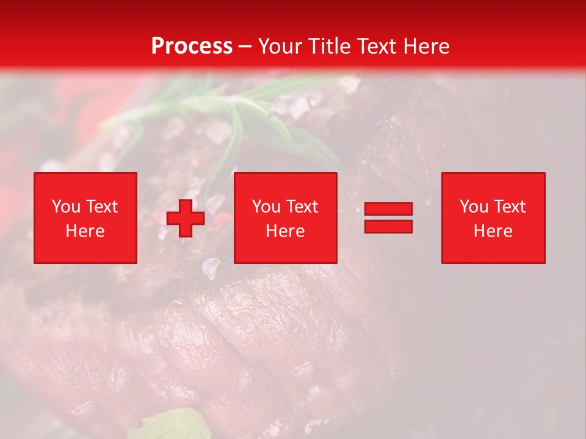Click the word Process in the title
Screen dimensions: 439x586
(x=192, y=46)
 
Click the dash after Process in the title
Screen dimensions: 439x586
(x=245, y=47)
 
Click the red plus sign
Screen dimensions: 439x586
(x=186, y=218)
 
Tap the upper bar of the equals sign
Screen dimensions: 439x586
(x=388, y=209)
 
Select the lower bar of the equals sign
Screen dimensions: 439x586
(x=388, y=226)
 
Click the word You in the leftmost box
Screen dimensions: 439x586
(x=67, y=207)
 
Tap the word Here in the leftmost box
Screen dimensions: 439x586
(x=85, y=231)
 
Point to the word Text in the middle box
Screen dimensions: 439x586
(x=303, y=207)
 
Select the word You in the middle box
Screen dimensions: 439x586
(x=266, y=207)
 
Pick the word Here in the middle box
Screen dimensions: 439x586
(x=286, y=231)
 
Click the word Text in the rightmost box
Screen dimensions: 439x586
(x=510, y=207)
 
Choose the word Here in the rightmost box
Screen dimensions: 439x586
(x=493, y=231)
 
